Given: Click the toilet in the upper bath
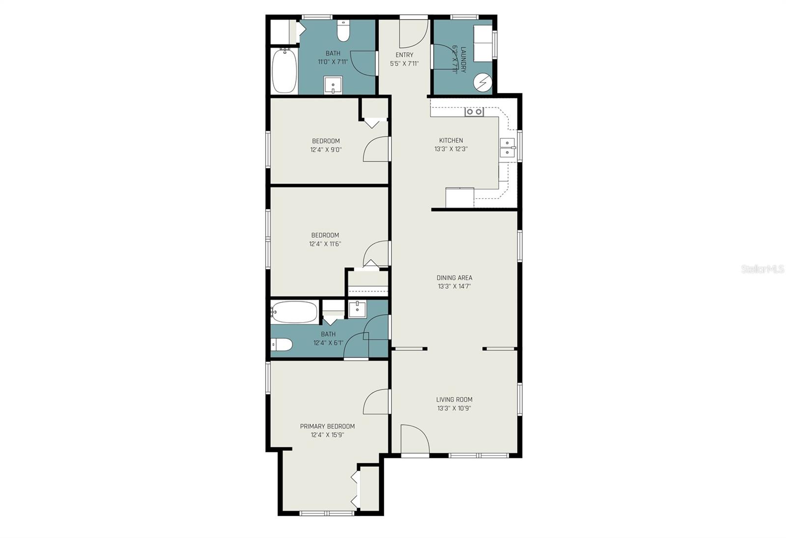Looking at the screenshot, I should click(x=343, y=32).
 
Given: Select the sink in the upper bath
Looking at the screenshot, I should click(x=333, y=85).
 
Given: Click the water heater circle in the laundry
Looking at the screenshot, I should click(x=483, y=83).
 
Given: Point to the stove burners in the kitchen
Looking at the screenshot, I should click(x=474, y=112).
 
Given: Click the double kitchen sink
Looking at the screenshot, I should click(x=507, y=148).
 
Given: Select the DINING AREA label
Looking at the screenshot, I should click(x=454, y=277).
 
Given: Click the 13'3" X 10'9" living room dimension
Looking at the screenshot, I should click(x=454, y=408).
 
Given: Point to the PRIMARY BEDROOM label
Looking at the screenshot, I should click(x=327, y=426).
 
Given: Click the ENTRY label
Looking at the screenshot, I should click(x=404, y=55).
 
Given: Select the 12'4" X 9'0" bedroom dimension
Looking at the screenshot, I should click(x=326, y=149).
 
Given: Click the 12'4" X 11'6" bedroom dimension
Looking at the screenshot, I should click(x=325, y=243).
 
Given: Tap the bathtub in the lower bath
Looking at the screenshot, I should click(x=294, y=312).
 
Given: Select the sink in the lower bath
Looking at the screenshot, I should click(x=357, y=309).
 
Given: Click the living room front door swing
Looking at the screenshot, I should click(x=414, y=439).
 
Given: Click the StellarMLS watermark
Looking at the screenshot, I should click(x=762, y=269).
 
